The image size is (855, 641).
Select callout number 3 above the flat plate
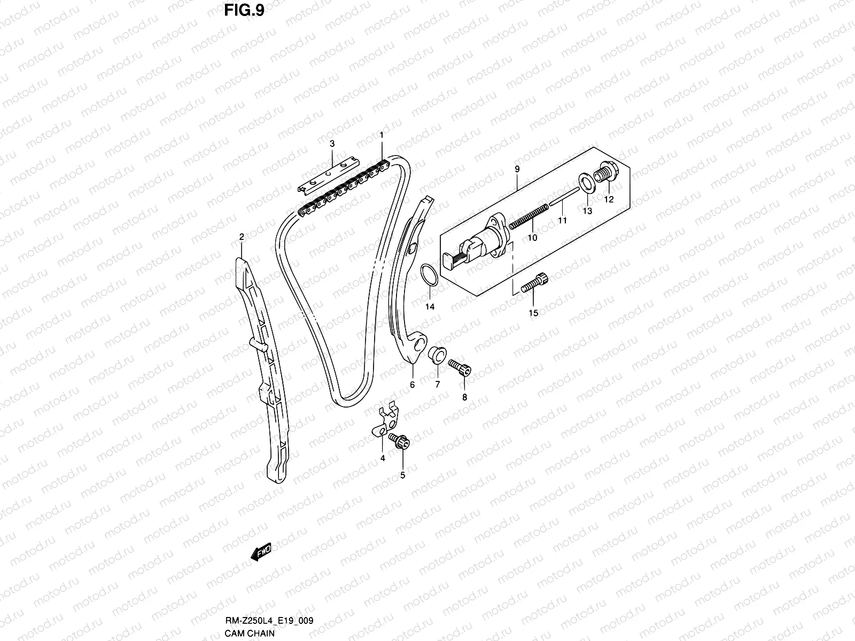click(x=332, y=144)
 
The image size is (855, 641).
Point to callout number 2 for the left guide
click(x=242, y=237)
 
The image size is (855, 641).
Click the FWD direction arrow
click(x=261, y=551)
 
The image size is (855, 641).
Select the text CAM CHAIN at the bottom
click(x=250, y=634)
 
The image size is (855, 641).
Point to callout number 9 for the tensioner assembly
click(x=517, y=169)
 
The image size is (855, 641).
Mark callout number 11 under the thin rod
click(x=562, y=220)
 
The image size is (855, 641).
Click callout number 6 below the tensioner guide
click(x=412, y=384)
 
